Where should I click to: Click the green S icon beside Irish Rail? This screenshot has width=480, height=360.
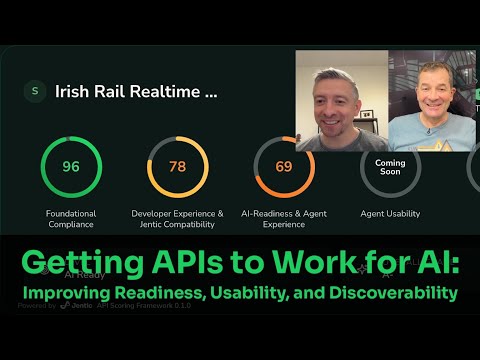(x=36, y=91)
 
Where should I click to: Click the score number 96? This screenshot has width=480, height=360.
(x=71, y=167)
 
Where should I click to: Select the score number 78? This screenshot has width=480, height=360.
(x=177, y=167)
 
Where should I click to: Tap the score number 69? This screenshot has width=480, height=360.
(x=284, y=167)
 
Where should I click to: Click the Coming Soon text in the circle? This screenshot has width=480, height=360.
(x=390, y=166)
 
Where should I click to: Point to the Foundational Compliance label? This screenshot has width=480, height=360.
(x=71, y=218)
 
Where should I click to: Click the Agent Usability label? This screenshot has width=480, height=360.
(x=390, y=213)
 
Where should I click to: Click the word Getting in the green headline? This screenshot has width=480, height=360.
(x=77, y=266)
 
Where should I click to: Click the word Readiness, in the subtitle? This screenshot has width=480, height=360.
(x=157, y=293)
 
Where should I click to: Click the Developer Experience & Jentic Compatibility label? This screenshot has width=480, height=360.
(x=177, y=218)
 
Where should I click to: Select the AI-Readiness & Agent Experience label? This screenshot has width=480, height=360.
(x=284, y=218)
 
